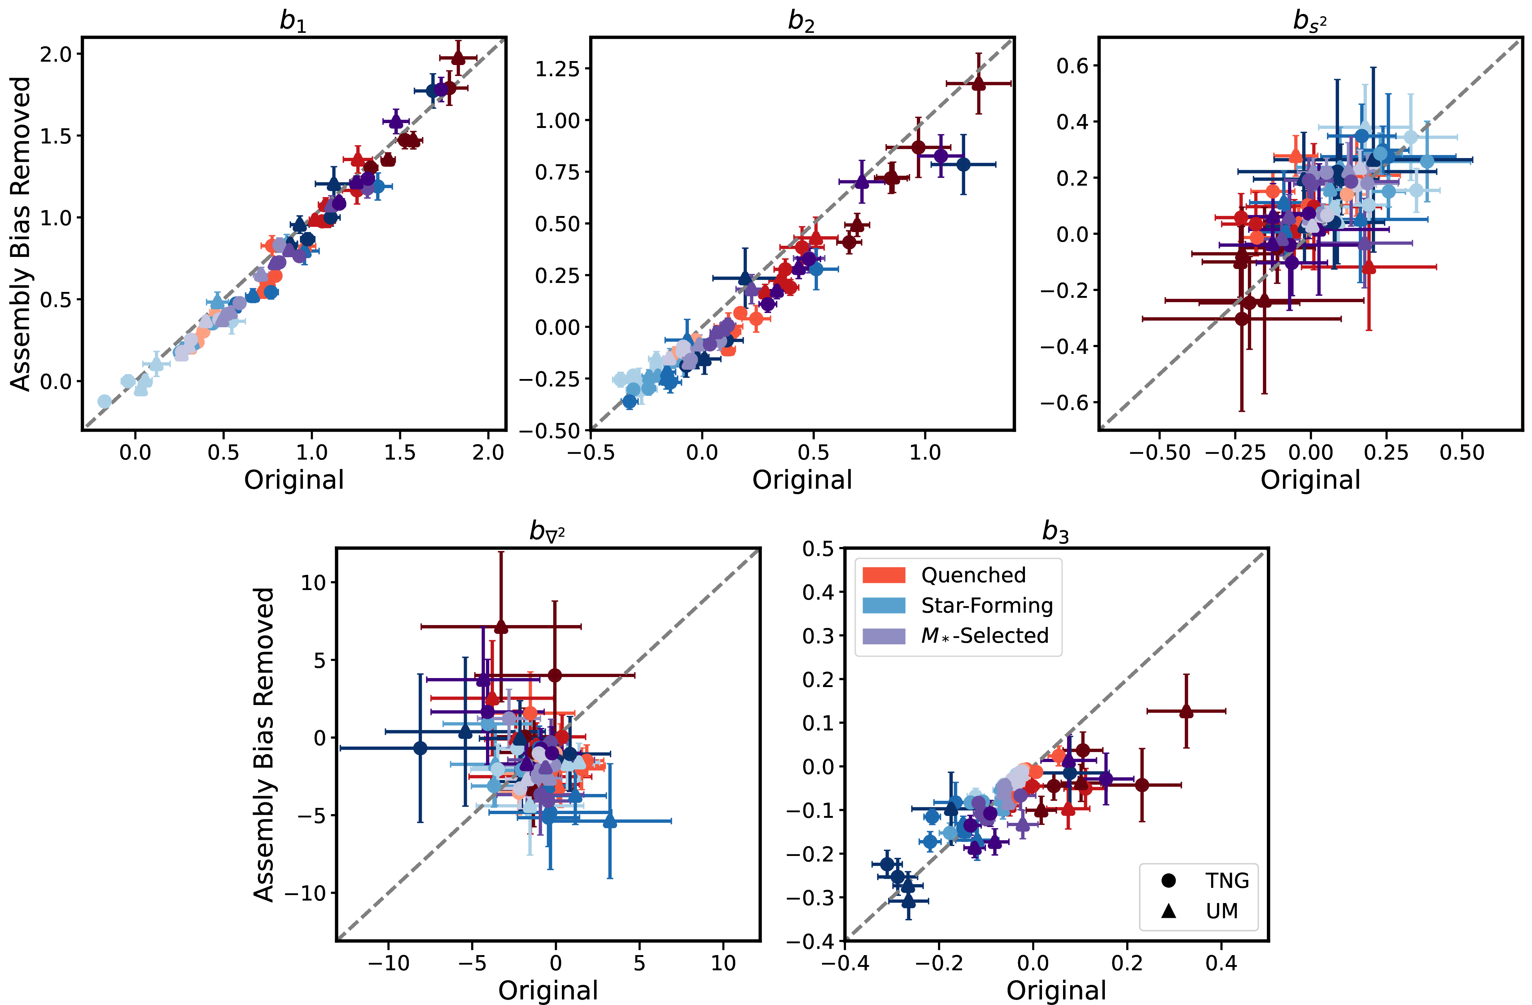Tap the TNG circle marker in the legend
[x=1169, y=880]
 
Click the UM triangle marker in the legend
[x=1169, y=910]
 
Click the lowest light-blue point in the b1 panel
[x=104, y=402]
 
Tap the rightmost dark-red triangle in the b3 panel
[x=1186, y=712]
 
